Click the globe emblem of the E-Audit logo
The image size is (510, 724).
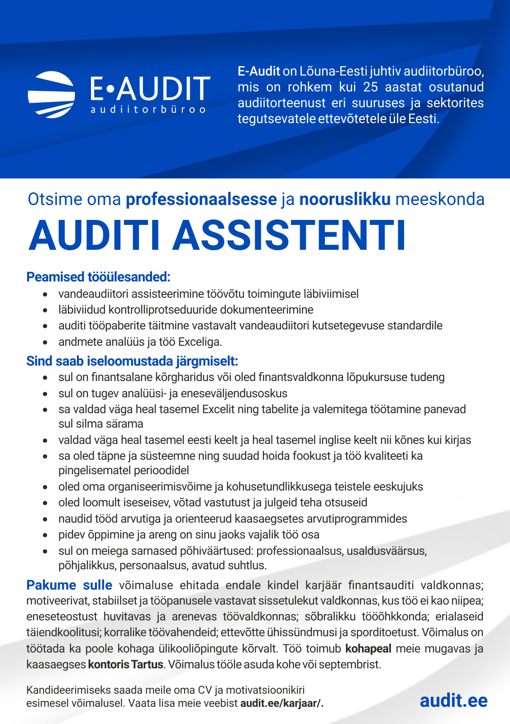tap(51, 95)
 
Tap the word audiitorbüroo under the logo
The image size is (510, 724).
tap(148, 110)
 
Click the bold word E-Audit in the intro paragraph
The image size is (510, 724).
tap(259, 71)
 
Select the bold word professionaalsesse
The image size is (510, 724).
tap(201, 199)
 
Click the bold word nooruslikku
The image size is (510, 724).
tap(345, 199)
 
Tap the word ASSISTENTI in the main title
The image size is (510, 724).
tap(289, 236)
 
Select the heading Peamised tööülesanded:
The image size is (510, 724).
tap(98, 277)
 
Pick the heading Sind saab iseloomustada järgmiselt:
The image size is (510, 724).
tap(132, 361)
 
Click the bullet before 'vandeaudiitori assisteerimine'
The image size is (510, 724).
tap(45, 295)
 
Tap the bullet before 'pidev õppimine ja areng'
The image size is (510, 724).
tap(45, 535)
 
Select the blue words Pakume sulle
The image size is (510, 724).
tap(69, 585)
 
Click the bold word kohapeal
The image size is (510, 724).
tap(368, 648)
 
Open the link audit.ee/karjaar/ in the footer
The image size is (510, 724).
tap(281, 703)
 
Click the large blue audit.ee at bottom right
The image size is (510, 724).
tap(453, 700)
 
